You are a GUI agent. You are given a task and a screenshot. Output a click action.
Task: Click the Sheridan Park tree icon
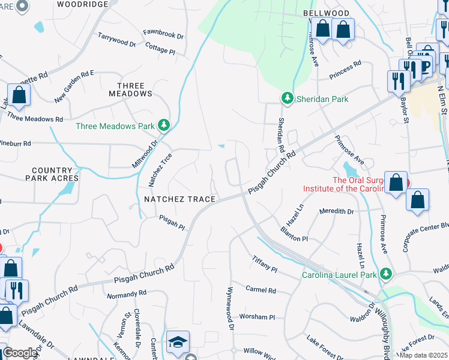[288, 98]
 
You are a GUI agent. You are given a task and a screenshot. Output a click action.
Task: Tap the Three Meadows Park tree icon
[163, 126]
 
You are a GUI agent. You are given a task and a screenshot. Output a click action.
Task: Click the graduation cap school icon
[178, 341]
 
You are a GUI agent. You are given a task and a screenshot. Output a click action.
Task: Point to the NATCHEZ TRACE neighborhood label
[176, 199]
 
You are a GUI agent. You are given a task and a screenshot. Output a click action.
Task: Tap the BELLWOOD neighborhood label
[327, 13]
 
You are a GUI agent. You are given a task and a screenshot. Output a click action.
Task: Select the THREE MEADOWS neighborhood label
[131, 90]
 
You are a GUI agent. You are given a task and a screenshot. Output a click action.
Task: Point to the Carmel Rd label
[261, 290]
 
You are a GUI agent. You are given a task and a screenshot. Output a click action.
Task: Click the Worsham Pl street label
[256, 317]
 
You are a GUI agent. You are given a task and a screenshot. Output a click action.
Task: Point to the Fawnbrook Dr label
[163, 34]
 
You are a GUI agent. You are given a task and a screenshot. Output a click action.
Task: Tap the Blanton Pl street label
[294, 234]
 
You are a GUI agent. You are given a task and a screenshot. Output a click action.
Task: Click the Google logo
[20, 353]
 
